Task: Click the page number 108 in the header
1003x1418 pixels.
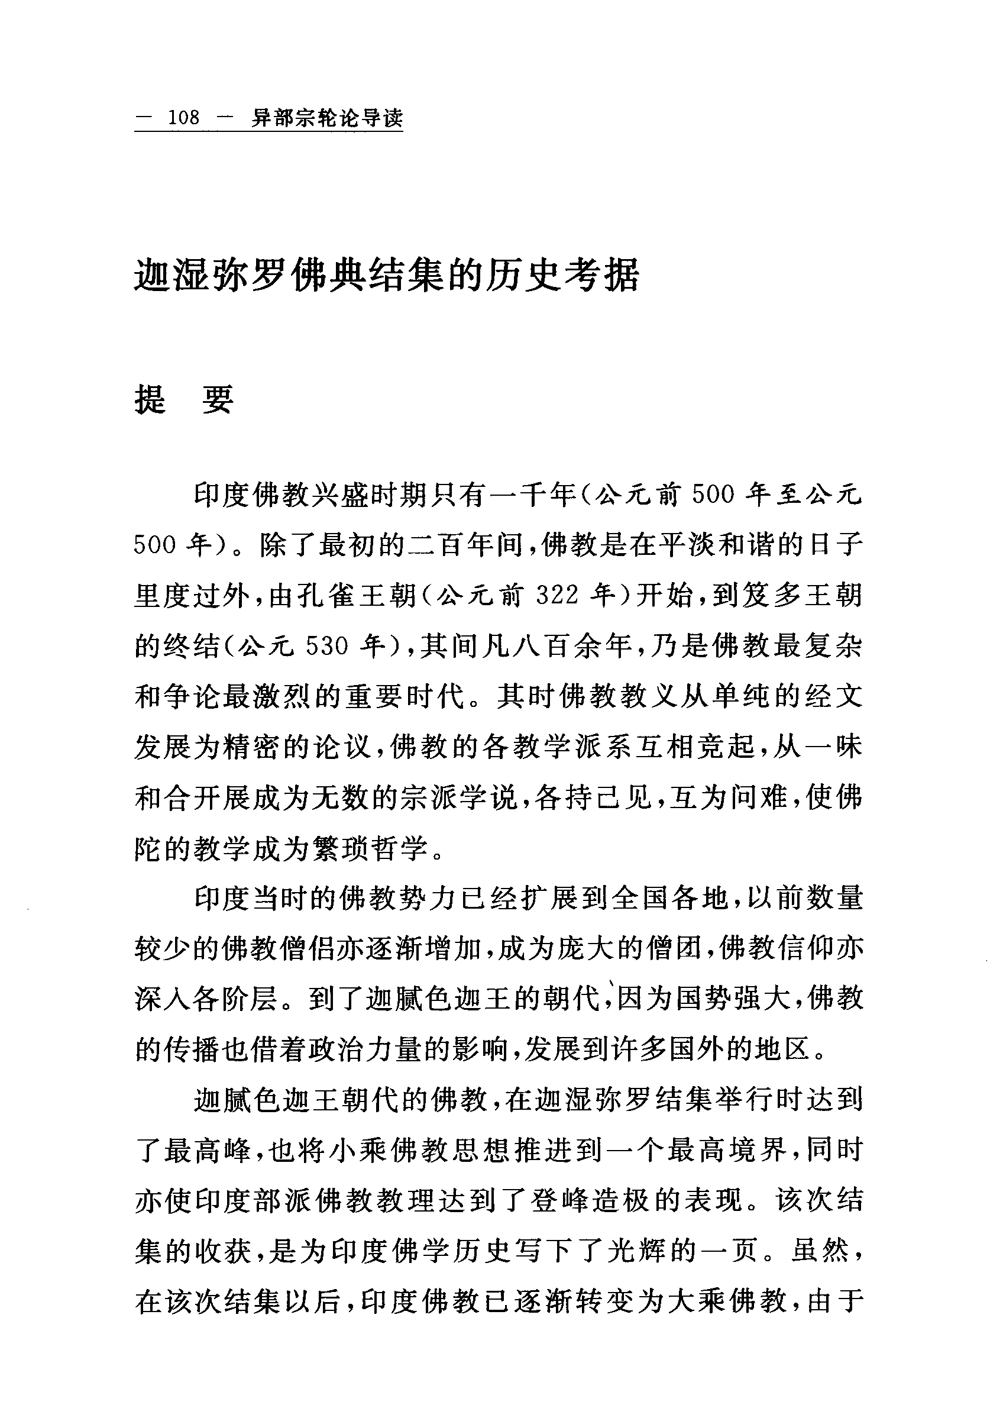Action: click(184, 117)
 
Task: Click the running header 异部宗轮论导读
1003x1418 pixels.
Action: click(326, 118)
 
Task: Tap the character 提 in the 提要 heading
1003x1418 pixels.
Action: click(151, 399)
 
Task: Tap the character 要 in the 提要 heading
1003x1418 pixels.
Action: click(218, 399)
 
